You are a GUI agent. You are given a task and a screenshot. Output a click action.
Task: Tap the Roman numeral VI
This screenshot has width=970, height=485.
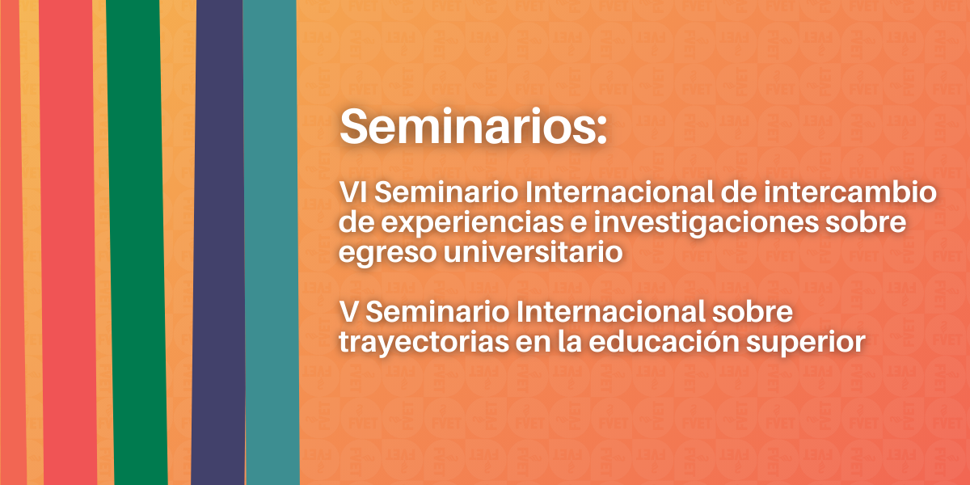coord(352,192)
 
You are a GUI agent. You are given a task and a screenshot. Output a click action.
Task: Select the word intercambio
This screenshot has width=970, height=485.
coord(850,192)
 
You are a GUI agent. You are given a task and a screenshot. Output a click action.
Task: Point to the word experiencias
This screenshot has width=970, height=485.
coord(472,222)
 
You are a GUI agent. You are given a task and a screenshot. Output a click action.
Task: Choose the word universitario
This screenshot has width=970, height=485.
coord(533,251)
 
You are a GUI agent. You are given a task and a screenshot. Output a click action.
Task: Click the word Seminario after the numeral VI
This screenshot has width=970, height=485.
coord(446,192)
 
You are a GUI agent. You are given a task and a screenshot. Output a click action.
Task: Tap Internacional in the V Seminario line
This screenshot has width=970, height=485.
coord(610,311)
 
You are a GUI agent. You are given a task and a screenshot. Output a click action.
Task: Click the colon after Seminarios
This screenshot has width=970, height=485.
coord(601,131)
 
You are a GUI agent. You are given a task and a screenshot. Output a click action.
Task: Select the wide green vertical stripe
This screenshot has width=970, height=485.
coord(137,242)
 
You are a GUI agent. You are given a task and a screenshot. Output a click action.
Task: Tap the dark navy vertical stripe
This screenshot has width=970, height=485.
coord(219,242)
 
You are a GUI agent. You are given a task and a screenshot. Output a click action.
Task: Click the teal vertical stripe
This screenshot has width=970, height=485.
coord(271,242)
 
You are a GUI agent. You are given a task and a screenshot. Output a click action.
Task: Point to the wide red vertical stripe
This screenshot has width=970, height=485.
coord(68,242)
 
